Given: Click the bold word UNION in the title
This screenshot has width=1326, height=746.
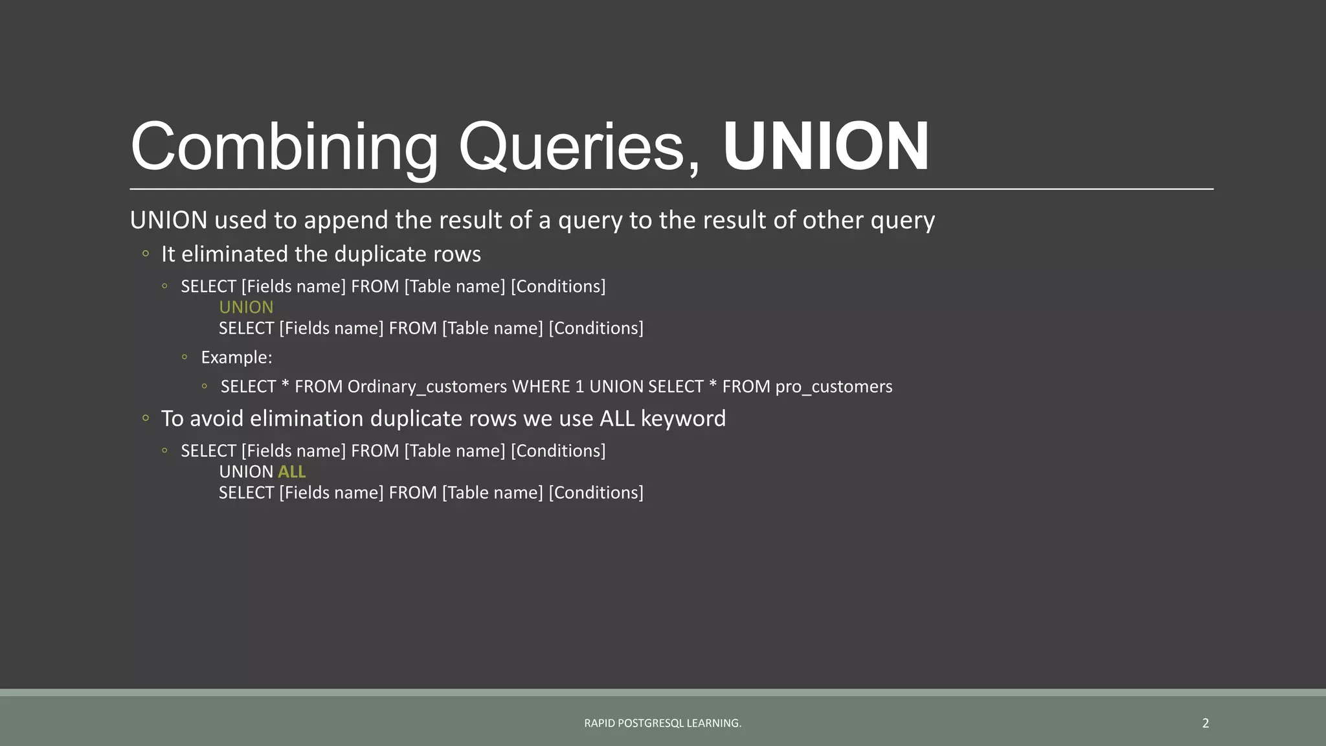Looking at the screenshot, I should tap(826, 147).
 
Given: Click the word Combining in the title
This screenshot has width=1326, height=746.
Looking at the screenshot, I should tap(285, 147).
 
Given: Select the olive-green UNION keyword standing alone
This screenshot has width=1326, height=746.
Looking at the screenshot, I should tap(246, 308).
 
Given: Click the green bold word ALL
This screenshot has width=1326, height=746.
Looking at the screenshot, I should tap(291, 472).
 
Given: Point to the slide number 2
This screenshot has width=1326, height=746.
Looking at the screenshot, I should tap(1206, 723).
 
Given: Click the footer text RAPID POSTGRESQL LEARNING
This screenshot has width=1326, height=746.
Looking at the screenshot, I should tap(662, 723).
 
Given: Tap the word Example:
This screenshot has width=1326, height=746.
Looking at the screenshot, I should tap(236, 357).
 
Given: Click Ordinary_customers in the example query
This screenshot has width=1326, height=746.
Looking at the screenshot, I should tap(427, 387).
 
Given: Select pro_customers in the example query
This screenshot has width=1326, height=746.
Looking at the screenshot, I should tap(834, 387).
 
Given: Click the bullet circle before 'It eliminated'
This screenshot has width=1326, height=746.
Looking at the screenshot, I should tap(146, 254).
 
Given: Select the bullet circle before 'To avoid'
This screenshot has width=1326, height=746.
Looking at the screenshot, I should tap(146, 418).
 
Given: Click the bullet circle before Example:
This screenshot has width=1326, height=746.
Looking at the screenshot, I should tap(185, 357).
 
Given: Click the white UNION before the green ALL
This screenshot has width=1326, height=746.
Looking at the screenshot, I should tap(246, 472).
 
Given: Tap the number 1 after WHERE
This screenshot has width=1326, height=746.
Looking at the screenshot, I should tap(579, 387).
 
